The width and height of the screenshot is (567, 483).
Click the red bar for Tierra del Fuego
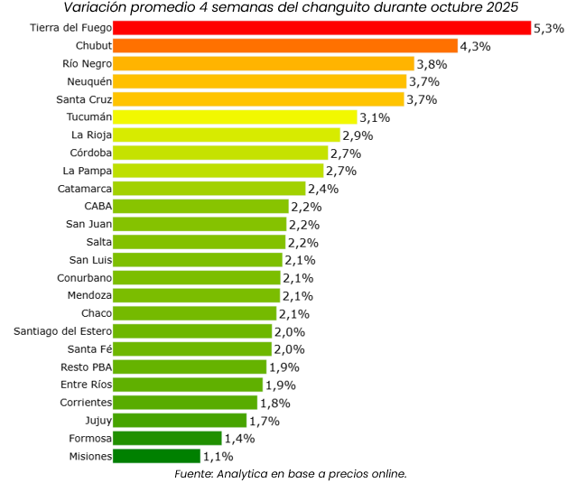coord(322,28)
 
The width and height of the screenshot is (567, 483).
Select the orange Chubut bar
coord(286,46)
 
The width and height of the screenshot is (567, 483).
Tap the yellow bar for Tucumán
coord(236,117)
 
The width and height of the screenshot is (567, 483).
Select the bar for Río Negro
coord(264,64)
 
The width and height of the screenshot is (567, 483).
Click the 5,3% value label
coord(549,29)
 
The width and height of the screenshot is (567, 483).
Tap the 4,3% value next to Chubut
coord(475,46)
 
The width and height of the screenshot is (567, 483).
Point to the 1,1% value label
coord(218,457)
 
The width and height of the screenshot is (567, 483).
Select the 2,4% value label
coord(322,190)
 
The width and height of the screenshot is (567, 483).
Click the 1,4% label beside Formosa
coord(239,439)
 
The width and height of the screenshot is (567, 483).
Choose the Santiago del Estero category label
coord(63,331)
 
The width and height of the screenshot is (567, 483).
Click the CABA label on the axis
coord(98,207)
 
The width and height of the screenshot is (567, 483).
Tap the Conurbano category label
coord(85,278)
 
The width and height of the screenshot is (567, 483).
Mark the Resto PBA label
coord(86,367)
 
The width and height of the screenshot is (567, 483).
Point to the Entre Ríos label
coord(87,385)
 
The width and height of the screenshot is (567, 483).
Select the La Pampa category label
coord(88,171)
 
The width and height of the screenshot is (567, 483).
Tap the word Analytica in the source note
coord(246,473)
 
